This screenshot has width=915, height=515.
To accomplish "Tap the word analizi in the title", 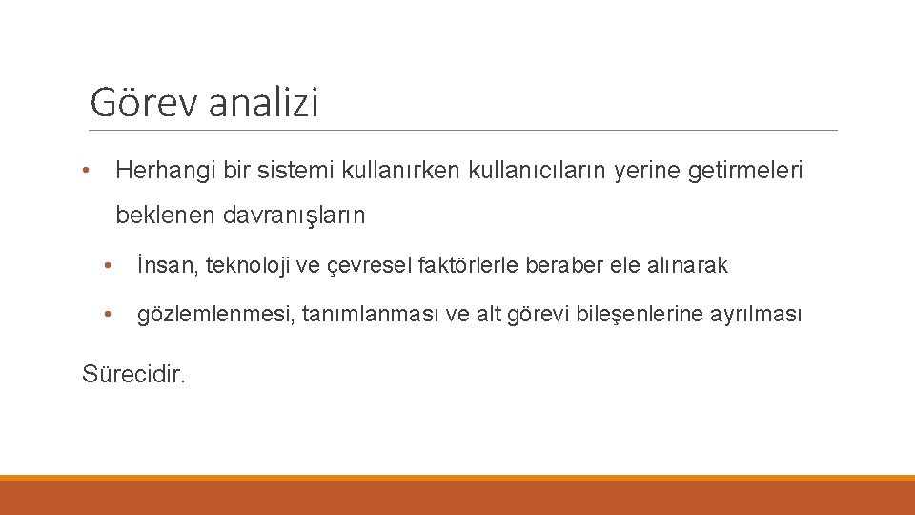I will coord(263,102).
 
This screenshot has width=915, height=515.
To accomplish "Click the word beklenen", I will coord(166,216).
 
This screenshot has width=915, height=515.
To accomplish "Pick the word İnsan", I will coord(165,265).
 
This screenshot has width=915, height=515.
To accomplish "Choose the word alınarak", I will coord(687,265).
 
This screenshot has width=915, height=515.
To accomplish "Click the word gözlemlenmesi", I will coord(215,314).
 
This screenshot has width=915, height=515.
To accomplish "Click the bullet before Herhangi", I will coord(86,172).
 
